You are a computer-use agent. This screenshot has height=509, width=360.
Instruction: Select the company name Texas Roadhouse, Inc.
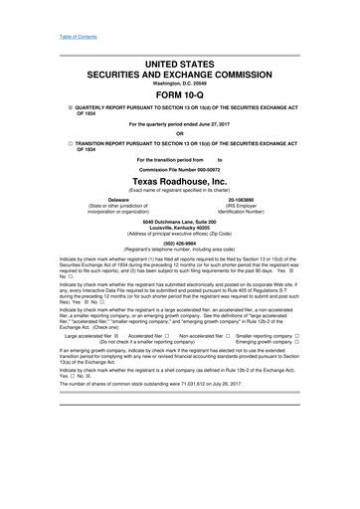[180, 182]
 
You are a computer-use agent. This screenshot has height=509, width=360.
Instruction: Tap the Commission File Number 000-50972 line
[180, 171]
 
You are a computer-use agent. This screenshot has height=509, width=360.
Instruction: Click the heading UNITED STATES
[180, 62]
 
